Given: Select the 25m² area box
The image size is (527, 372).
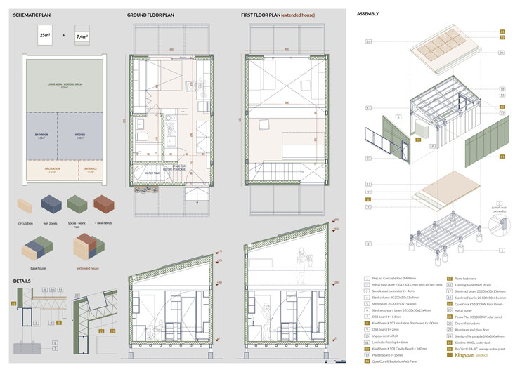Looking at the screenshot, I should pos(45,35).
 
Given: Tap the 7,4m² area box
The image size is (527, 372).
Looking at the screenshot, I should pos(83,35).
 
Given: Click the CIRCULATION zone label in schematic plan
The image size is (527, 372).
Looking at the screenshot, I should pos(49,170).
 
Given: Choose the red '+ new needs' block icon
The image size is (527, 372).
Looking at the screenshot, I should pos(103,204).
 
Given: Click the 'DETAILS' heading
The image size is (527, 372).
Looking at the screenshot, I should pos(22,281).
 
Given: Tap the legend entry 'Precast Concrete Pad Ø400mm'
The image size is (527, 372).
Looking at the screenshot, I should pos(398,278).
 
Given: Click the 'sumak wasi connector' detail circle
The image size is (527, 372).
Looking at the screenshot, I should pos(499,226).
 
